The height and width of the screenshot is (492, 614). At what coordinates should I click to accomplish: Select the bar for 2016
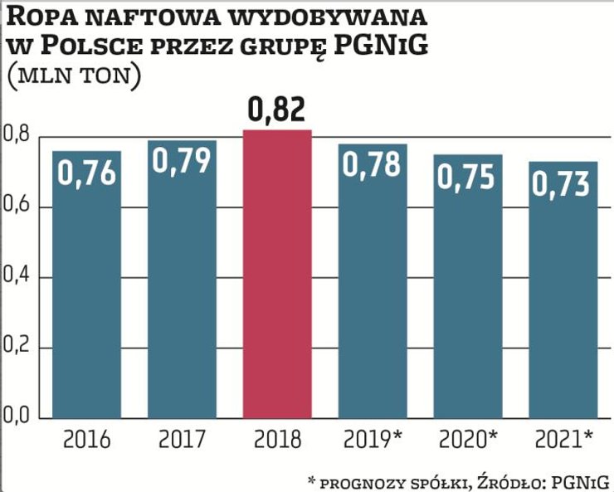pos(86,290)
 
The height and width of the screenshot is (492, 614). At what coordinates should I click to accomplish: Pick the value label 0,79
pos(182,161)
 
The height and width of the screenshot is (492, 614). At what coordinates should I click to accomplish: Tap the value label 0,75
pos(467,176)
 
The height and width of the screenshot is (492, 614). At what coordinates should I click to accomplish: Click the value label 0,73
pos(563,182)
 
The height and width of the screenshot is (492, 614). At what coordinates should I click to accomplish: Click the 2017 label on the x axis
pos(182,439)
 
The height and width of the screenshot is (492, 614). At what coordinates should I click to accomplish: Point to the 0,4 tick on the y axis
pos(17,275)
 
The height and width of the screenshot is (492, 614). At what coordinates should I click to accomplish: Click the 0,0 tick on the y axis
pos(17,416)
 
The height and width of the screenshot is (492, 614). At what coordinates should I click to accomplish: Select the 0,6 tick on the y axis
pos(17,205)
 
